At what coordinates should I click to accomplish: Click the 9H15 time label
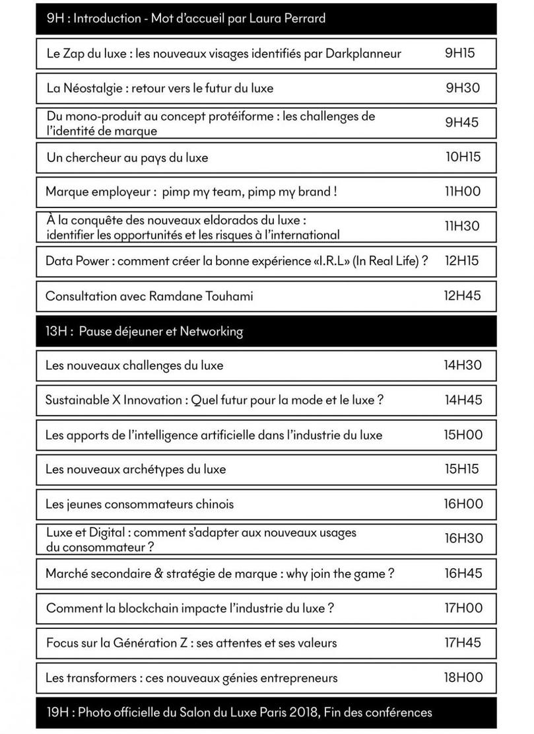[460, 54]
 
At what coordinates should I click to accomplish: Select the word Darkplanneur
[362, 54]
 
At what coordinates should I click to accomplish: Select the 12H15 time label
[461, 260]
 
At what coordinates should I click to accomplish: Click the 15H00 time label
[463, 434]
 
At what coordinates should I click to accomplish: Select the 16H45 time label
[463, 573]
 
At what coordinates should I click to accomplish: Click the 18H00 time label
[463, 677]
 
